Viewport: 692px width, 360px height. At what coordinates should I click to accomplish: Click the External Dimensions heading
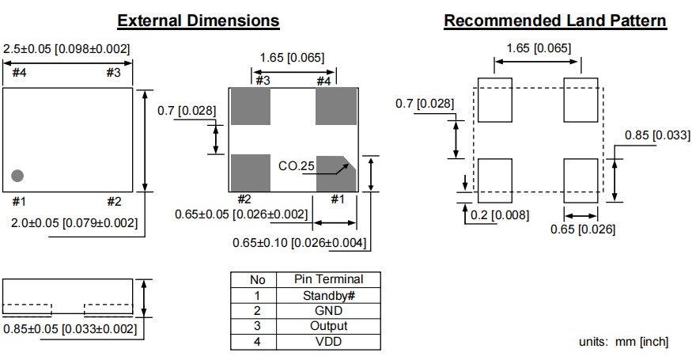click(x=198, y=21)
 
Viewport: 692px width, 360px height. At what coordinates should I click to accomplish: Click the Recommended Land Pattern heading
click(x=554, y=21)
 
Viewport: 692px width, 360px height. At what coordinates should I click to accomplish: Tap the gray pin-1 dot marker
click(x=17, y=175)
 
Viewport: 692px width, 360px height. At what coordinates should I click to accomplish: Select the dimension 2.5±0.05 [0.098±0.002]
click(x=66, y=49)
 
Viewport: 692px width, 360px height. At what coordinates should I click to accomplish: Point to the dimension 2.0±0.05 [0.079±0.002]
click(x=75, y=223)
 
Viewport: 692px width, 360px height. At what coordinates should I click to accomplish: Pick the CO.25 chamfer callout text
click(x=297, y=167)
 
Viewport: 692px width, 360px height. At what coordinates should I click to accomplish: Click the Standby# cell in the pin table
click(x=328, y=295)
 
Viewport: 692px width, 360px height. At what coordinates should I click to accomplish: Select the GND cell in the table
click(x=328, y=311)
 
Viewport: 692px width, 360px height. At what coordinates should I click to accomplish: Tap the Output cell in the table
click(x=328, y=326)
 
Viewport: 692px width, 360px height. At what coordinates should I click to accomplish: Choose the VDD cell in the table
click(x=328, y=342)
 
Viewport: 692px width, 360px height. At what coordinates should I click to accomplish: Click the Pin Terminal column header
click(x=328, y=279)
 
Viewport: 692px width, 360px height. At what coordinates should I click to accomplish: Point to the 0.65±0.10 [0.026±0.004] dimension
click(x=301, y=243)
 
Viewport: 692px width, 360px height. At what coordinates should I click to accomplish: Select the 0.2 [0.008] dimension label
click(x=498, y=214)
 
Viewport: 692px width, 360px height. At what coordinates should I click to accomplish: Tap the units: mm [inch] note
click(x=623, y=342)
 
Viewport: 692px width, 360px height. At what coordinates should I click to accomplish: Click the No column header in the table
click(x=258, y=279)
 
